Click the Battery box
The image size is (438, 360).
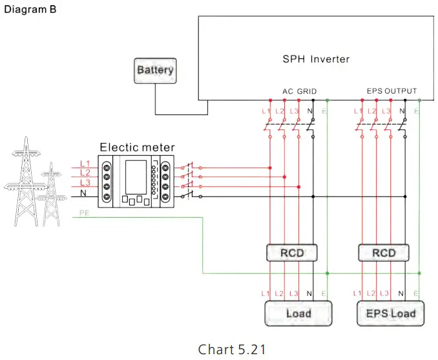155,70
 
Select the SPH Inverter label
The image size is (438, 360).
316,59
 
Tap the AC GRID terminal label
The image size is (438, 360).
300,91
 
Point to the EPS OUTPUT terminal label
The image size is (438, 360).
391,91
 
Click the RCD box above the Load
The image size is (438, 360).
292,253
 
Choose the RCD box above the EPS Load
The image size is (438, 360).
384,253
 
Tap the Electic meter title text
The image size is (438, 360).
137,147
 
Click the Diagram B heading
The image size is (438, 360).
30,10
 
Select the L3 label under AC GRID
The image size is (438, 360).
295,112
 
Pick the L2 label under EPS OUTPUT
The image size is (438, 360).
372,112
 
